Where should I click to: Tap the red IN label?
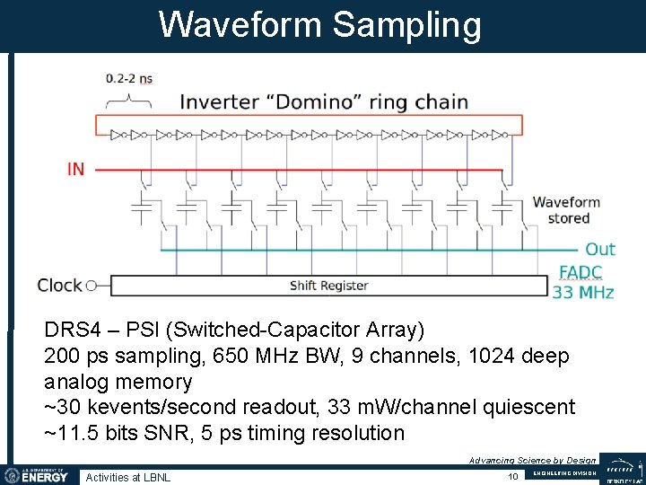[x=75, y=168]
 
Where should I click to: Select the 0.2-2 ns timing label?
[x=129, y=78]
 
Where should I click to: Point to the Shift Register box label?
[x=328, y=286]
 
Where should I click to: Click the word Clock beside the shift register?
[x=59, y=286]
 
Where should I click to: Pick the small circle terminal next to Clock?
[x=91, y=287]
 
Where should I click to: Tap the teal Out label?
[x=600, y=249]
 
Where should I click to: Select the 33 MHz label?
[x=583, y=293]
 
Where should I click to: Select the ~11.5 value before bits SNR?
[x=71, y=433]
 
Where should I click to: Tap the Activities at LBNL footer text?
[x=127, y=477]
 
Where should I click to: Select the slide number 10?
[x=513, y=476]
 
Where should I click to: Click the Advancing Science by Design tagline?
[x=532, y=460]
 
